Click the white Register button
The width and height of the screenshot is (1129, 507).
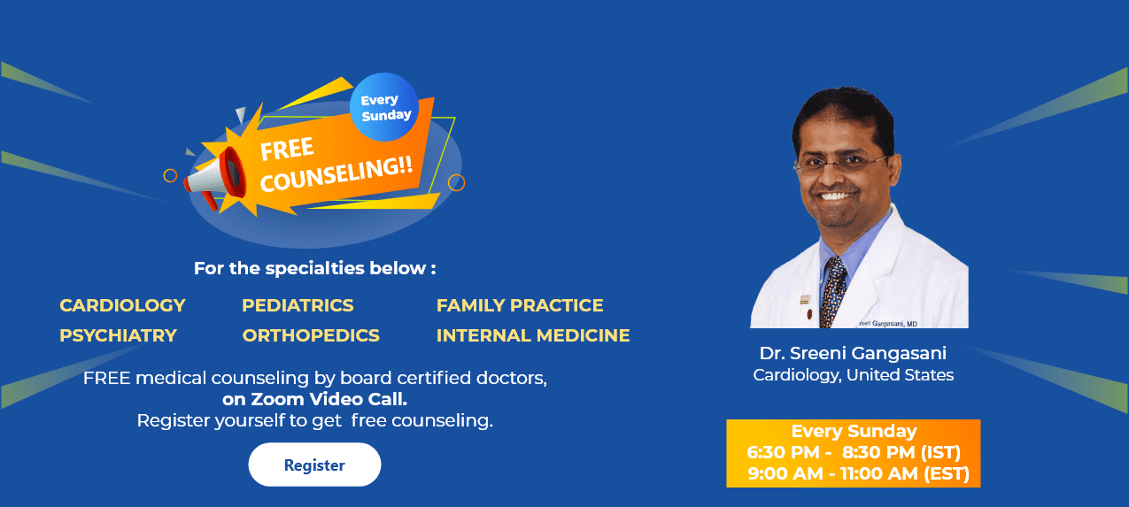pyautogui.click(x=314, y=465)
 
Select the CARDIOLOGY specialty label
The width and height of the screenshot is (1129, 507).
pyautogui.click(x=122, y=305)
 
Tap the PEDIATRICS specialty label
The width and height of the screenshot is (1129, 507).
pyautogui.click(x=298, y=305)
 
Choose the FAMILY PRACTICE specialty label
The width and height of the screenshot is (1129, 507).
pyautogui.click(x=520, y=305)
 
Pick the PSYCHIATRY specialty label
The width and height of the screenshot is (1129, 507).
pyautogui.click(x=118, y=335)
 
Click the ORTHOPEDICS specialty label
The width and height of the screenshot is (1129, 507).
pyautogui.click(x=311, y=335)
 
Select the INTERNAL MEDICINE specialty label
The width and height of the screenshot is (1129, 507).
pyautogui.click(x=533, y=335)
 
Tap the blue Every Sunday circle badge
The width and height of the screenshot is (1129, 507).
pyautogui.click(x=384, y=107)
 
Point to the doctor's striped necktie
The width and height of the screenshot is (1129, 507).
pyautogui.click(x=832, y=291)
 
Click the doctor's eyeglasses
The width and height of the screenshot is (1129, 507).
pyautogui.click(x=839, y=163)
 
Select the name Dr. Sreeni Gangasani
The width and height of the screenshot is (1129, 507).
pyautogui.click(x=853, y=353)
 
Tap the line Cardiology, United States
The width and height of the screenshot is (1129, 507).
pyautogui.click(x=854, y=375)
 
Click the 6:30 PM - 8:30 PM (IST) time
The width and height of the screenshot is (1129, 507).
pyautogui.click(x=854, y=452)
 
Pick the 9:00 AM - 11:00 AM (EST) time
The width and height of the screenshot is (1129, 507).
pyautogui.click(x=858, y=473)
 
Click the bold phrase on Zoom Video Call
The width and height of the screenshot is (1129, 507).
pyautogui.click(x=314, y=399)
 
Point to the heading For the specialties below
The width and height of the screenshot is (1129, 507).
pyautogui.click(x=315, y=268)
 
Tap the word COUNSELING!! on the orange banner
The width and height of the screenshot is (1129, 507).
pyautogui.click(x=336, y=174)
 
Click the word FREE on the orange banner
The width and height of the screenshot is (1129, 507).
pyautogui.click(x=287, y=149)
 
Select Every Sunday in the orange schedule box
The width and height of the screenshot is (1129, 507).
pyautogui.click(x=854, y=432)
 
